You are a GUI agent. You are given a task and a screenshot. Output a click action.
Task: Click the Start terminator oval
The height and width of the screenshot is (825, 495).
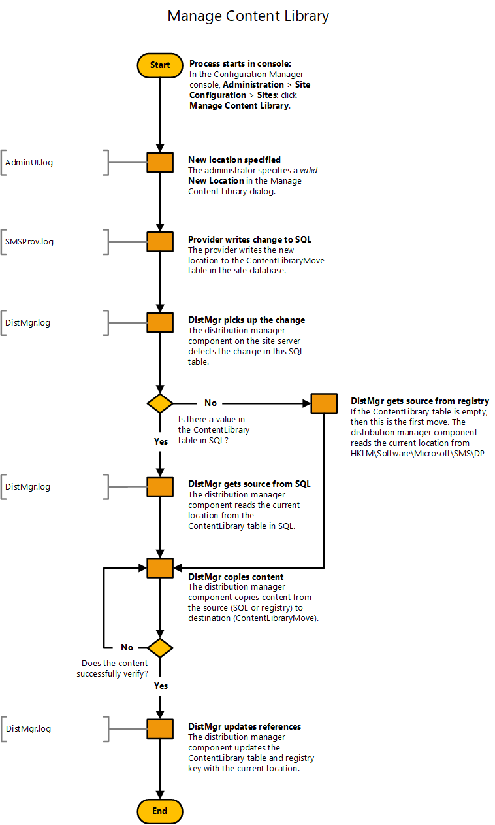click(x=160, y=65)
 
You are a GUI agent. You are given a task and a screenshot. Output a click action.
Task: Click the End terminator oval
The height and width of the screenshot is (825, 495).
click(x=160, y=811)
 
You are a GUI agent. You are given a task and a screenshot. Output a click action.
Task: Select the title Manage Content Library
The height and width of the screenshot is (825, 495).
click(x=248, y=16)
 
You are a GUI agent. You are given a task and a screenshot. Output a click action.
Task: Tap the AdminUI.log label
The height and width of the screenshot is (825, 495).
click(x=29, y=162)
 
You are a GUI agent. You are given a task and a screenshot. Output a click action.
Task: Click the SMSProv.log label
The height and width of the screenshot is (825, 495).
click(x=29, y=242)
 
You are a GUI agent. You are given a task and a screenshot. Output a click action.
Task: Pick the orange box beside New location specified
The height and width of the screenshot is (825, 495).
click(x=160, y=162)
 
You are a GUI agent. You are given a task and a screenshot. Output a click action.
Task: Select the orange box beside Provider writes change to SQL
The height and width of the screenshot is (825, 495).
click(x=160, y=242)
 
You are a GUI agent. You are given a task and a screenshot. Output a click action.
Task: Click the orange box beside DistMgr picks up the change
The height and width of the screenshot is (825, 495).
click(x=160, y=322)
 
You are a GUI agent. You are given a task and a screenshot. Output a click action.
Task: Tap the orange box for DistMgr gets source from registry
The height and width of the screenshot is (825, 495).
click(x=324, y=403)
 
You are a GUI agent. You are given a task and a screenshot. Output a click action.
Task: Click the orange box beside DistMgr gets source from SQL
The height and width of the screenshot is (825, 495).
click(x=160, y=486)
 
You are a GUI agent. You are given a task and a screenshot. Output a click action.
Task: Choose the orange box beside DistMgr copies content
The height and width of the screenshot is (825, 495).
click(x=160, y=567)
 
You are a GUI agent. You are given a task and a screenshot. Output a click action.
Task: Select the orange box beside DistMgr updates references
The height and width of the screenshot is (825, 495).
click(x=160, y=729)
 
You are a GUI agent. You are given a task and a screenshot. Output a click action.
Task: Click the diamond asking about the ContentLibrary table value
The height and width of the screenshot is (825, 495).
click(x=160, y=403)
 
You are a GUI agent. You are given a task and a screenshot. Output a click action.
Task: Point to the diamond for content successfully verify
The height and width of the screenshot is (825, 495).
click(x=160, y=648)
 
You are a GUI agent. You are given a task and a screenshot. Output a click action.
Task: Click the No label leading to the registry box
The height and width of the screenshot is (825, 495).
click(x=210, y=403)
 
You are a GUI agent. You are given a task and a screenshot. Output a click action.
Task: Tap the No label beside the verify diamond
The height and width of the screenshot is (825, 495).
click(x=127, y=647)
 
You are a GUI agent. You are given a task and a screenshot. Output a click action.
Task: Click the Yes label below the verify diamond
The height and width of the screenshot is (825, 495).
click(x=161, y=686)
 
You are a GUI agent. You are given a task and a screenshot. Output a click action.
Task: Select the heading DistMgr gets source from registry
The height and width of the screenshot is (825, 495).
click(x=420, y=401)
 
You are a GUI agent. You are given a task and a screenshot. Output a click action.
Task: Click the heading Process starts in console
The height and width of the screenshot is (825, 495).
click(x=240, y=64)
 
